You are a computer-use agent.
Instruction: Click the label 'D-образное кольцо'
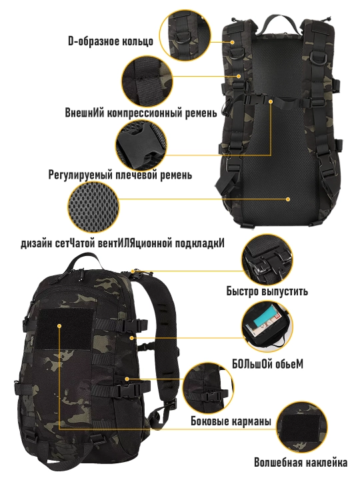(111, 41)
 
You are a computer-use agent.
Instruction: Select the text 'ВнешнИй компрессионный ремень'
(141, 113)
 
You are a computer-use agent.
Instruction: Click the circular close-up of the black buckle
(142, 145)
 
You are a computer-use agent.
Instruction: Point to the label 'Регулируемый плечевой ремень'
(120, 175)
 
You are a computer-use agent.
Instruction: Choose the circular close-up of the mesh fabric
(93, 207)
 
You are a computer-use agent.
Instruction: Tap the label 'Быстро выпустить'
(267, 291)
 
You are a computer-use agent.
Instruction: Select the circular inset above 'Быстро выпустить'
(267, 260)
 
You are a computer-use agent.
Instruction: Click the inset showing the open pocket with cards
(267, 326)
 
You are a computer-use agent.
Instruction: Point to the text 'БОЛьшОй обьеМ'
(267, 364)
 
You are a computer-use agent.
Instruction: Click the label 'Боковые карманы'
(231, 421)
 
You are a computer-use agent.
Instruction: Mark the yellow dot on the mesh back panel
(288, 199)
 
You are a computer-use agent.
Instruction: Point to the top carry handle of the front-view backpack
(82, 263)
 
